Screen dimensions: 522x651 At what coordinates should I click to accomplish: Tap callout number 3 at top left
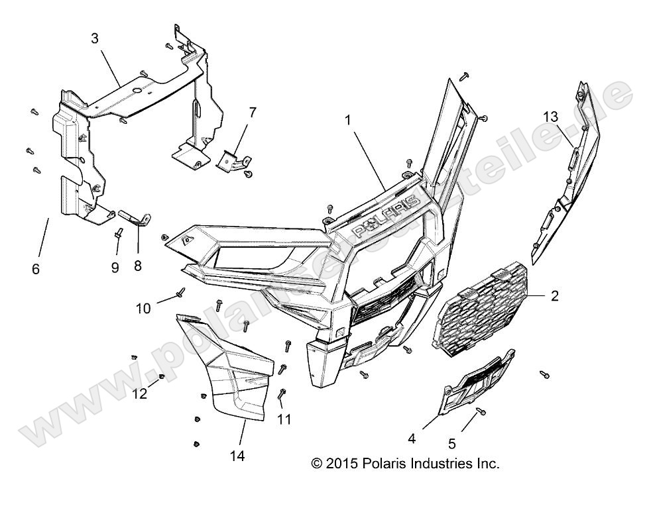(x=95, y=38)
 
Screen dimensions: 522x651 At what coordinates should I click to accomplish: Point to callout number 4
(x=411, y=438)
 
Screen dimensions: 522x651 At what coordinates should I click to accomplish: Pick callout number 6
(x=36, y=269)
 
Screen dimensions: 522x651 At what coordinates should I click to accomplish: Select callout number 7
(x=252, y=111)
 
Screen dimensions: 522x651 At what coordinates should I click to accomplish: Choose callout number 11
(x=284, y=419)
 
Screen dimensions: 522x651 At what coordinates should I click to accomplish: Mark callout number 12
(x=140, y=393)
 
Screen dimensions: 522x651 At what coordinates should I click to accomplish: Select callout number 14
(x=237, y=456)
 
